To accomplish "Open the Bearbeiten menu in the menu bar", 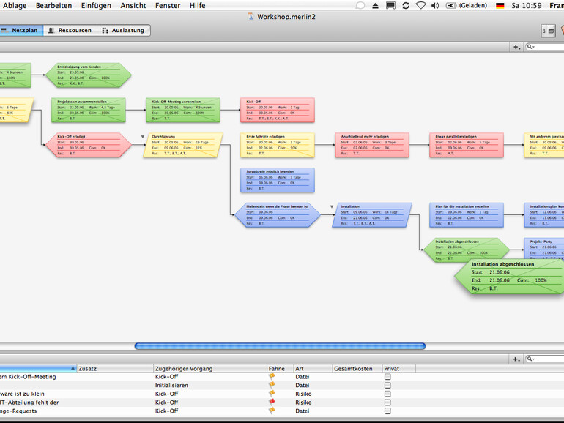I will click(x=53, y=5).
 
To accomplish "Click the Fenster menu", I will click(x=168, y=5).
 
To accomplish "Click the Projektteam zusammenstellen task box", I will click(x=88, y=108).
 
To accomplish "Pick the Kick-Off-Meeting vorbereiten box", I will click(x=182, y=108).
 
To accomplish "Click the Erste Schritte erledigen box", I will click(x=277, y=144).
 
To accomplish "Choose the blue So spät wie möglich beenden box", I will click(x=277, y=179).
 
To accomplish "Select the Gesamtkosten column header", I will click(x=353, y=368).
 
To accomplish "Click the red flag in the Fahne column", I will click(x=272, y=402).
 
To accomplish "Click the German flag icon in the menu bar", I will click(x=500, y=5).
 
